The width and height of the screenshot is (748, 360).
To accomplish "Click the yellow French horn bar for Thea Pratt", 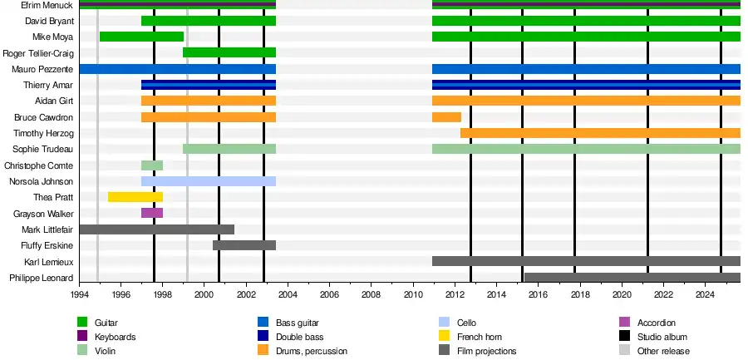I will coord(135,197).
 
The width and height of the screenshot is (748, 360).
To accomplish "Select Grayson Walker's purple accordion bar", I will coord(152,213).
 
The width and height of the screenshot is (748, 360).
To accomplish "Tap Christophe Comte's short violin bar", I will coord(152,165).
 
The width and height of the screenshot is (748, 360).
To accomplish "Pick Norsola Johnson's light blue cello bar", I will coord(208,181).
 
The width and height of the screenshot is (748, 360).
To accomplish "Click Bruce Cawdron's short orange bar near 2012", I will coord(446,117).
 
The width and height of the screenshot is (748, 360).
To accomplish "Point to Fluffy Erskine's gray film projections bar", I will coord(244,245).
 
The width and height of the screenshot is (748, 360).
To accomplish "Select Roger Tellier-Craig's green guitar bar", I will coord(229,52).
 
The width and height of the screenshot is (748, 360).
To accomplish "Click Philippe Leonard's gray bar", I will coord(632,278).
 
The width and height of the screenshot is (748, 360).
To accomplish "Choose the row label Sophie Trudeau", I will coord(43,149).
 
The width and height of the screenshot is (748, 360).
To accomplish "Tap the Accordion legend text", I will coord(657,323).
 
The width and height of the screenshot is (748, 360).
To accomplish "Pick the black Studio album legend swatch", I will coord(625,337).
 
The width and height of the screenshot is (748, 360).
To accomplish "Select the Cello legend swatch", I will coord(444,323).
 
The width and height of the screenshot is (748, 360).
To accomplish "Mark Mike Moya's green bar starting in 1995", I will coord(141,37).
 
